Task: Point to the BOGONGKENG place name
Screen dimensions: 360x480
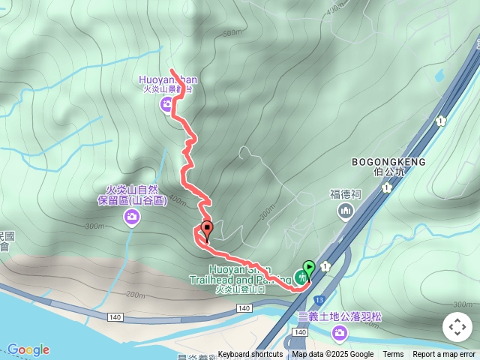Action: [x=388, y=161]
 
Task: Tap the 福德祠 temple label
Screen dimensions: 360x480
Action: [x=346, y=193]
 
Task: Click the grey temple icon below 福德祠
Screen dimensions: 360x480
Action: [x=346, y=212]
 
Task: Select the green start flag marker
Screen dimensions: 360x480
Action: [x=308, y=268]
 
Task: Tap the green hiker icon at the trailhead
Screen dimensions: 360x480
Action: [x=301, y=277]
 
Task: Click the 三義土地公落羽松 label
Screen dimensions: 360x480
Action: [x=340, y=316]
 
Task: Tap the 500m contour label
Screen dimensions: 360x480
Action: [x=232, y=33]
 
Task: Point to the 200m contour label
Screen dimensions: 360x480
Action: [x=136, y=295]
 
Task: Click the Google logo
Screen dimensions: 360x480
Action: [x=28, y=349]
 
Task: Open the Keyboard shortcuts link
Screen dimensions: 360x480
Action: [x=250, y=355]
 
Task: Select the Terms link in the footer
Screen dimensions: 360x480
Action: [x=393, y=355]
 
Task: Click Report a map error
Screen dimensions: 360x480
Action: [x=444, y=355]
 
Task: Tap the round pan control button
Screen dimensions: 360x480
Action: [x=457, y=327]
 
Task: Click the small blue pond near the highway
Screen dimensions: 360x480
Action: [x=439, y=75]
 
